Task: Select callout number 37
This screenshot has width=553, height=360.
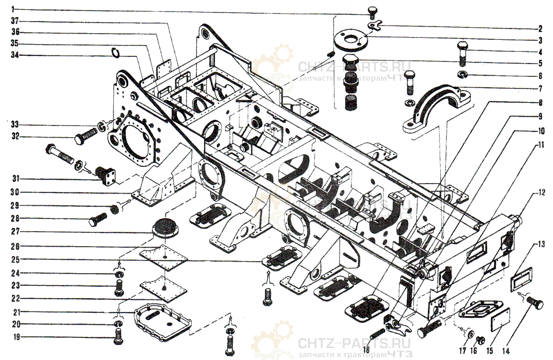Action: tap(15, 21)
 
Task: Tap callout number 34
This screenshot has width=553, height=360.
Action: tap(15, 55)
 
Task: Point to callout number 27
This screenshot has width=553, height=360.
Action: tap(15, 231)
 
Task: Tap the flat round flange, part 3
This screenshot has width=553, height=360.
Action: tap(349, 39)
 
